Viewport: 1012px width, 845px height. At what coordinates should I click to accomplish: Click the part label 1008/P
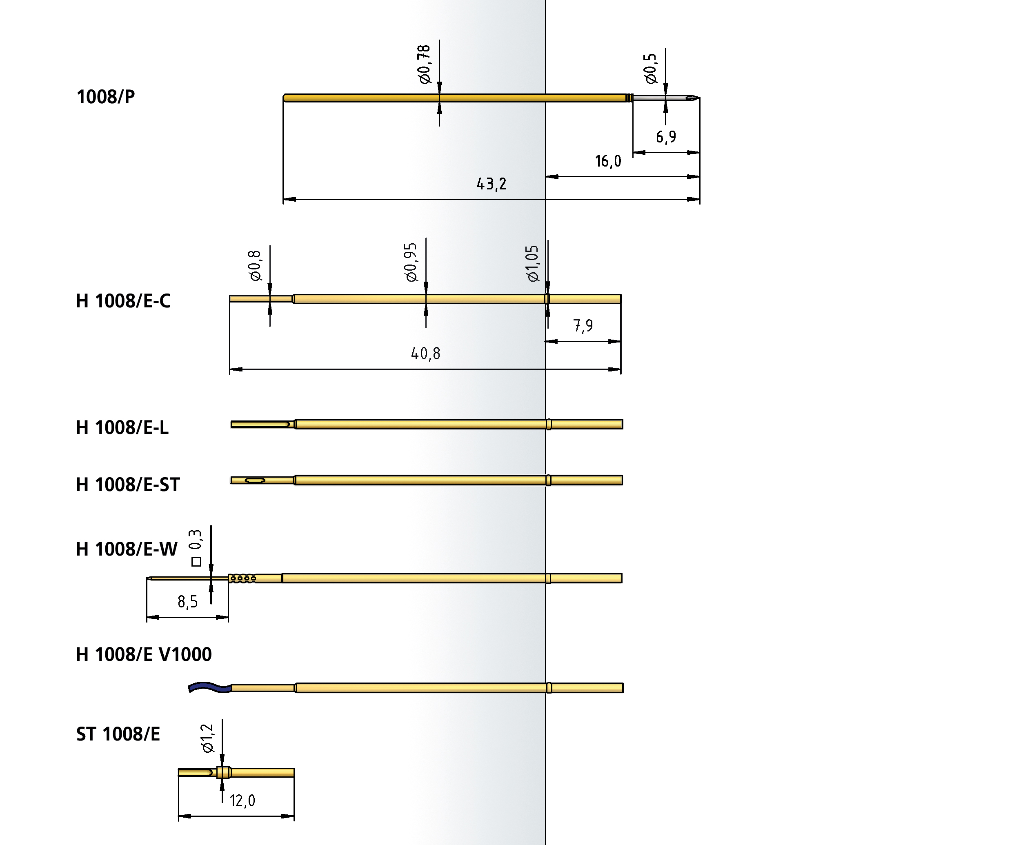[x=106, y=97]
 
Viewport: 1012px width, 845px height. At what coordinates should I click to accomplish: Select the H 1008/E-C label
[x=123, y=301]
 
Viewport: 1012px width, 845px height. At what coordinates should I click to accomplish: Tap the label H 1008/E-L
[x=122, y=428]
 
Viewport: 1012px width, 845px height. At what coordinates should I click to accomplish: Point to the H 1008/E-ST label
[x=128, y=485]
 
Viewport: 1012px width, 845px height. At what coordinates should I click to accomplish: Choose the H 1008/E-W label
[x=127, y=549]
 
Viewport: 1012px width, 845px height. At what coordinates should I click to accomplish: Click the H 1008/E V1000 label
[x=144, y=655]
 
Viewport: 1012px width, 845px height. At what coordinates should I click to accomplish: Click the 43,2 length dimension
[x=492, y=184]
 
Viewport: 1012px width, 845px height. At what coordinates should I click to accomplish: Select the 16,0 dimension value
[x=608, y=161]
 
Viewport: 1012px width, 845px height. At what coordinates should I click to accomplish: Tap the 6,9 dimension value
[x=666, y=137]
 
